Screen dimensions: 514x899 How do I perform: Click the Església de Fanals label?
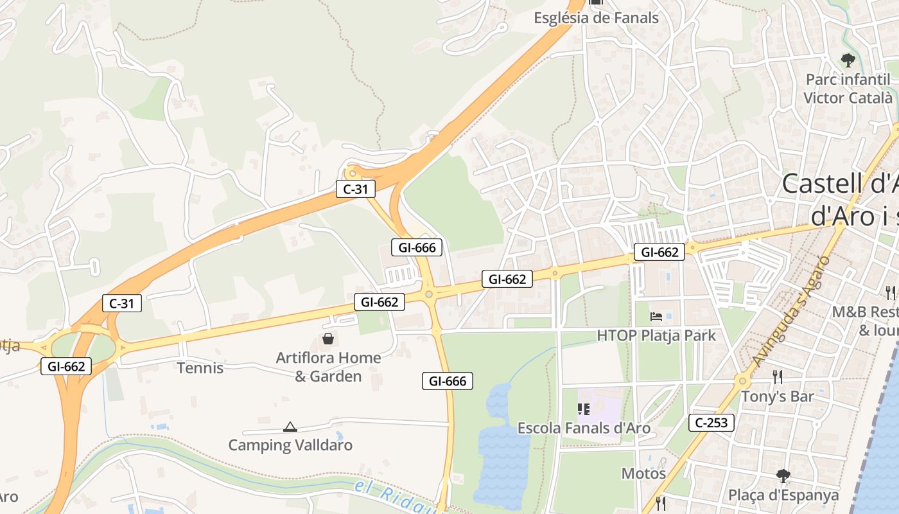596,18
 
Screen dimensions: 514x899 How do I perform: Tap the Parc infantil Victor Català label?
848,89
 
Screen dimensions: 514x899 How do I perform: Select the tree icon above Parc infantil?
848,61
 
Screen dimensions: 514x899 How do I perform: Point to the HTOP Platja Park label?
656,335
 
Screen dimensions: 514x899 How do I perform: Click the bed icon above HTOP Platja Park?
656,316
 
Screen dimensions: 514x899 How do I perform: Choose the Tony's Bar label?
777,396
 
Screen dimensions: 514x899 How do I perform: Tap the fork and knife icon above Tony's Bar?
777,377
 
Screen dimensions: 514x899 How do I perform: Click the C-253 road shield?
711,423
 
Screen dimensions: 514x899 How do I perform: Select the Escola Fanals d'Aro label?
584,428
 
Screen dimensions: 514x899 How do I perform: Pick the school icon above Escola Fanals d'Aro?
584,409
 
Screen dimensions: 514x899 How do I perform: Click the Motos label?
643,474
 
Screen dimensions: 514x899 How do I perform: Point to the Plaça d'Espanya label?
783,495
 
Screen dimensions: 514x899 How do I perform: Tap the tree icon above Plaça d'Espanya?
783,476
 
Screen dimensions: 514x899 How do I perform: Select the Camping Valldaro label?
290,445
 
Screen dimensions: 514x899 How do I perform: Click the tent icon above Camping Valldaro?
290,427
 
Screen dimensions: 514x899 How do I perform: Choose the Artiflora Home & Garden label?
328,367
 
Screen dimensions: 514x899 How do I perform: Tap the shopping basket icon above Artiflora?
328,338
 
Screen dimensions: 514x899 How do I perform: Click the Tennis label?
200,368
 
